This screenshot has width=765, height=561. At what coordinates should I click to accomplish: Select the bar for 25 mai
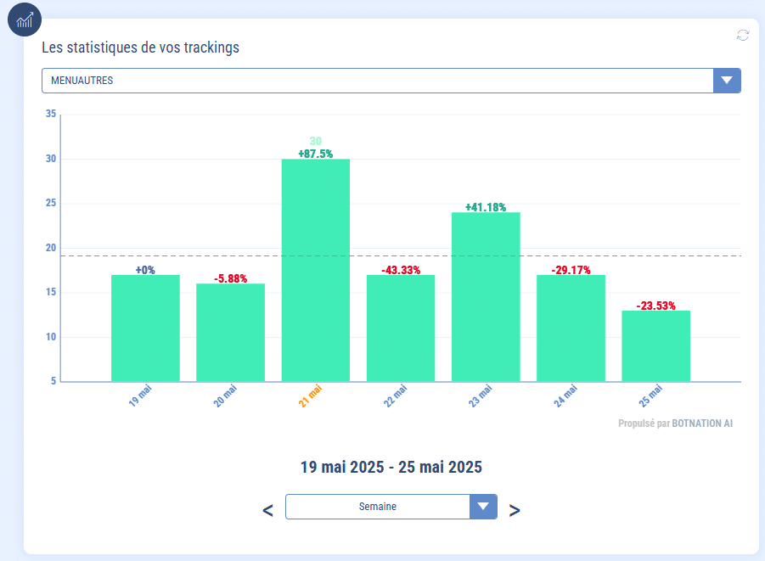click(655, 345)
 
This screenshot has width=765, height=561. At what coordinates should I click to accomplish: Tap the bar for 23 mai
click(486, 296)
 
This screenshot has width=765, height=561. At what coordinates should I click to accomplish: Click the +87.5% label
click(315, 154)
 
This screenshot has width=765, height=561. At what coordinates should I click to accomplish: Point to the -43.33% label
click(401, 270)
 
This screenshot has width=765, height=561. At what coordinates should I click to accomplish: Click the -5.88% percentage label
click(230, 278)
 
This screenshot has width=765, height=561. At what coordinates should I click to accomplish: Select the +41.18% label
click(486, 207)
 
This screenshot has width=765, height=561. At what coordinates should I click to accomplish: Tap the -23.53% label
click(655, 306)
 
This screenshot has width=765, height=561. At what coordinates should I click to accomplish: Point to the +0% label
click(145, 270)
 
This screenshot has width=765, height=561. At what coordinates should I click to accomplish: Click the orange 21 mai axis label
click(311, 396)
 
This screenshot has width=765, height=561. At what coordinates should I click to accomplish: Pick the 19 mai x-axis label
click(140, 396)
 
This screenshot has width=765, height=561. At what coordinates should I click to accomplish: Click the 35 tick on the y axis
click(51, 115)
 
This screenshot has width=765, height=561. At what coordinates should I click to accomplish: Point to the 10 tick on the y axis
click(51, 337)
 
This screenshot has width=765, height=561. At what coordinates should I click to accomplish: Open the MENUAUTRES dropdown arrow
click(727, 81)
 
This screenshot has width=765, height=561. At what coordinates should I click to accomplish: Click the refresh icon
click(743, 35)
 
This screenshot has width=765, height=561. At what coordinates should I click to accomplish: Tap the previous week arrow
click(267, 510)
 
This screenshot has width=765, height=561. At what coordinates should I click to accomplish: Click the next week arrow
click(515, 510)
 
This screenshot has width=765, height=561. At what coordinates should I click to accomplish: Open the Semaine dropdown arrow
click(483, 507)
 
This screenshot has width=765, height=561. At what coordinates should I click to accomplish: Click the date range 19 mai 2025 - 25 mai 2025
click(391, 467)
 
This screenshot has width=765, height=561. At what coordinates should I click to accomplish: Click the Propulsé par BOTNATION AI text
click(675, 423)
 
